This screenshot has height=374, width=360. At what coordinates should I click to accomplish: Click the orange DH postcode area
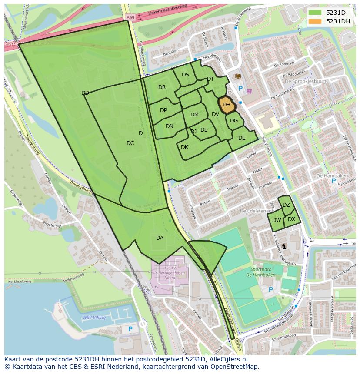pos(227,105)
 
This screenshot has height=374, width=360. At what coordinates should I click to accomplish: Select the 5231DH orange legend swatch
pos(316,21)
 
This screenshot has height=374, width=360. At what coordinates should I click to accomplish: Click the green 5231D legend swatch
pos(316,13)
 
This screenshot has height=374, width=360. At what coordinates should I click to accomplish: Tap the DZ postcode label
pos(286,205)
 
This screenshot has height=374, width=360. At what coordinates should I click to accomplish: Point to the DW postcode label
pos(277,220)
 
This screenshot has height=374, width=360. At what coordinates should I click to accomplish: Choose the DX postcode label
pos(291,219)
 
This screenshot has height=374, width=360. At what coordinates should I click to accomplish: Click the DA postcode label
pos(160,238)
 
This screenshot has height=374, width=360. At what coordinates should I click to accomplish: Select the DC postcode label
pos(130,143)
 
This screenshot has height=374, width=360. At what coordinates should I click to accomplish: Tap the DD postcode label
pos(85,93)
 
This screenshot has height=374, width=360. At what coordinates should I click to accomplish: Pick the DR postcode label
pos(162,87)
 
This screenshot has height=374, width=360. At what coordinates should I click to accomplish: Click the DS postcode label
pos(185,75)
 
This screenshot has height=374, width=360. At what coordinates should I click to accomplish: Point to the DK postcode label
pos(184,147)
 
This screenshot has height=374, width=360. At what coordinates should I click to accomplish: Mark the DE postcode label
pos(242,138)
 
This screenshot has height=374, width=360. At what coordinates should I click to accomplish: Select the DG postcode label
pos(234,121)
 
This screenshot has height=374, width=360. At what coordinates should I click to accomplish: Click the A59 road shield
pos(130,17)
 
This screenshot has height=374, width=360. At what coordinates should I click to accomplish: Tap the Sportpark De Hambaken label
pos(260,272)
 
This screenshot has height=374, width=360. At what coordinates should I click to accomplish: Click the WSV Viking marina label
pos(94,318)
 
